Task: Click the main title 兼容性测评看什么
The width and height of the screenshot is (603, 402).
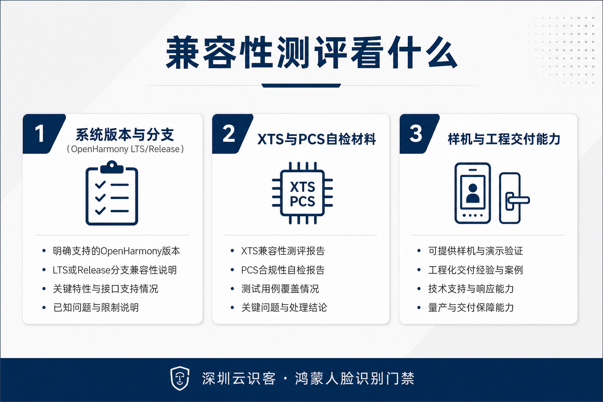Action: click(x=311, y=53)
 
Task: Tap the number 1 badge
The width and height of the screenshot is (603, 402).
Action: click(x=43, y=134)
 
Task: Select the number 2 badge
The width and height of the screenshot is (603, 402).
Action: click(x=232, y=134)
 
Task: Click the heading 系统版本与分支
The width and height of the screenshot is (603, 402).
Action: click(x=125, y=135)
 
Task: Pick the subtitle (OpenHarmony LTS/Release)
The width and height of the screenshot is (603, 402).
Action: click(x=125, y=149)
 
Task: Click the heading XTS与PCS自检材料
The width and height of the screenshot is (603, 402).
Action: click(x=316, y=139)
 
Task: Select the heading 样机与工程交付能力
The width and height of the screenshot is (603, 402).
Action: click(x=504, y=139)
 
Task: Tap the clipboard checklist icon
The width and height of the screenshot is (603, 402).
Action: click(x=112, y=193)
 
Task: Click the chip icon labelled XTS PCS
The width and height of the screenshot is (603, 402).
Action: click(x=302, y=193)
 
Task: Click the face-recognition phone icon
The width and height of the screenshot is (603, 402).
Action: click(x=473, y=193)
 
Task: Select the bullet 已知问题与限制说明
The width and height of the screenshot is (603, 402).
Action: click(x=96, y=307)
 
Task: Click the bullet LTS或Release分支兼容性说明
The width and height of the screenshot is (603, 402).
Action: click(x=115, y=270)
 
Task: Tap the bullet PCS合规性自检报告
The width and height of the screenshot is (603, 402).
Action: click(x=283, y=270)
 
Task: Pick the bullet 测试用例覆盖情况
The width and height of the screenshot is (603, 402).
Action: click(x=280, y=289)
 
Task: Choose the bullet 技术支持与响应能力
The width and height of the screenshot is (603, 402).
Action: click(x=471, y=289)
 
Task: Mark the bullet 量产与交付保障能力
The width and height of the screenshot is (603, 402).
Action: click(x=471, y=307)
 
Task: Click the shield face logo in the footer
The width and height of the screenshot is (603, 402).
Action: click(x=180, y=378)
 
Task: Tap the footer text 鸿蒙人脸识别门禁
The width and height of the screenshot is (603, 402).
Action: click(x=354, y=378)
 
